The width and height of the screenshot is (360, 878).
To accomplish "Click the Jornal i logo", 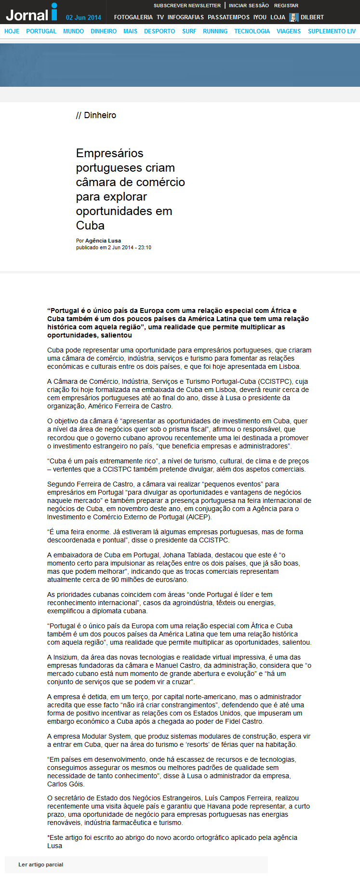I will (x=32, y=13).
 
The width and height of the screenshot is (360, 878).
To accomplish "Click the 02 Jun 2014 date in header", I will (x=83, y=17).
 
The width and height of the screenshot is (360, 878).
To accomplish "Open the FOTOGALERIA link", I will (x=133, y=17).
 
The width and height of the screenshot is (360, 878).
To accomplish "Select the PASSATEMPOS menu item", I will (x=228, y=17).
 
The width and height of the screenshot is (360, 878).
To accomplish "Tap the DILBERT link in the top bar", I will (x=312, y=17).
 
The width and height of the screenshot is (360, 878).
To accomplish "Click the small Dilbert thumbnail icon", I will (x=293, y=17).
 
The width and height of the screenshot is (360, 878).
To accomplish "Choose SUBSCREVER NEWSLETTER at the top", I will (x=187, y=6).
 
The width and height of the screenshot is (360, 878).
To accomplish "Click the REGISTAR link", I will (x=286, y=6).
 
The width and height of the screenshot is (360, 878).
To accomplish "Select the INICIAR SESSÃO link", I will (x=249, y=6).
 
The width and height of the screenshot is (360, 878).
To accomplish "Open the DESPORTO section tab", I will (x=160, y=31).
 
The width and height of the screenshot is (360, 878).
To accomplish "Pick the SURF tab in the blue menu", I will (x=189, y=31).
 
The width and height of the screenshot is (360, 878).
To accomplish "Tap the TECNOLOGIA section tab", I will (x=252, y=31).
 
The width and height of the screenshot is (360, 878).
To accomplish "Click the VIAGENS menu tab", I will (x=289, y=31).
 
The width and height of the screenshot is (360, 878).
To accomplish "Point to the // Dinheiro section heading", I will (x=96, y=115).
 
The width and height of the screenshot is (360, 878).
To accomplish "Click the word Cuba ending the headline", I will (x=90, y=226).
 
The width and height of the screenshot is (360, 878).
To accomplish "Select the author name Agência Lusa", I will (x=103, y=241).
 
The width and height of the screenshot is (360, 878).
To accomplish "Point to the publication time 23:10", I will (x=145, y=247).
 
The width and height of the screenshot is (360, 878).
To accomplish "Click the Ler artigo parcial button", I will (x=41, y=864).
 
